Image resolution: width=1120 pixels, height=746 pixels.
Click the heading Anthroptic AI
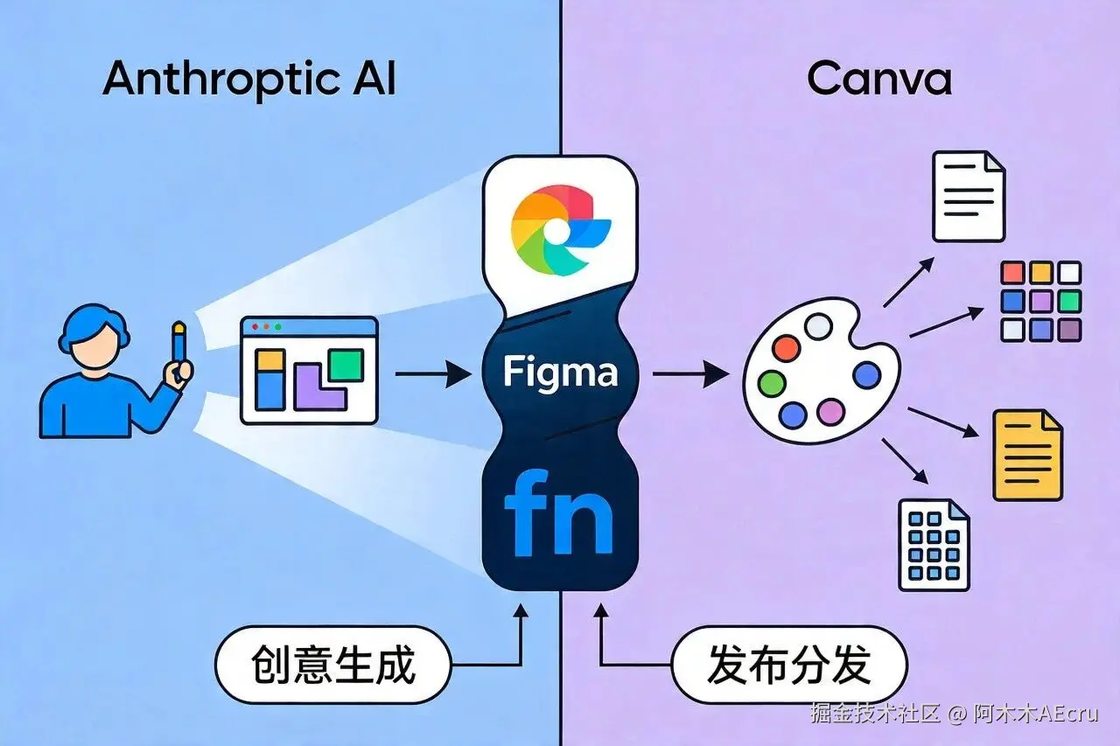249,79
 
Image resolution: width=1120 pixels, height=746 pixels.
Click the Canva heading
878,79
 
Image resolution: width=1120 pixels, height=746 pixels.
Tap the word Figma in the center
560,373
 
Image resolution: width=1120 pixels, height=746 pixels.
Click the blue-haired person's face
94,353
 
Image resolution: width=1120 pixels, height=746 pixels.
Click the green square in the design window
346,364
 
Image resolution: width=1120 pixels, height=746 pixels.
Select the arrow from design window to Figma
433,374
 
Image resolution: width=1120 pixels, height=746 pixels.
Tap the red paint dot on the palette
787,348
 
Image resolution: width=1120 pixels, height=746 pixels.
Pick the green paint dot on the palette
771,383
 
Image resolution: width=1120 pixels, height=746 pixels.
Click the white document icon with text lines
968,196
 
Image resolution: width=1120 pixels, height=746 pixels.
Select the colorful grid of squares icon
1040,301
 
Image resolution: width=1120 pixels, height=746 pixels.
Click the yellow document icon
1027,455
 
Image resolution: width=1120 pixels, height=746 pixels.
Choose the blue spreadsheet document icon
934,545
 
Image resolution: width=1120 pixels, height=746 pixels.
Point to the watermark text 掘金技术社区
875,714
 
